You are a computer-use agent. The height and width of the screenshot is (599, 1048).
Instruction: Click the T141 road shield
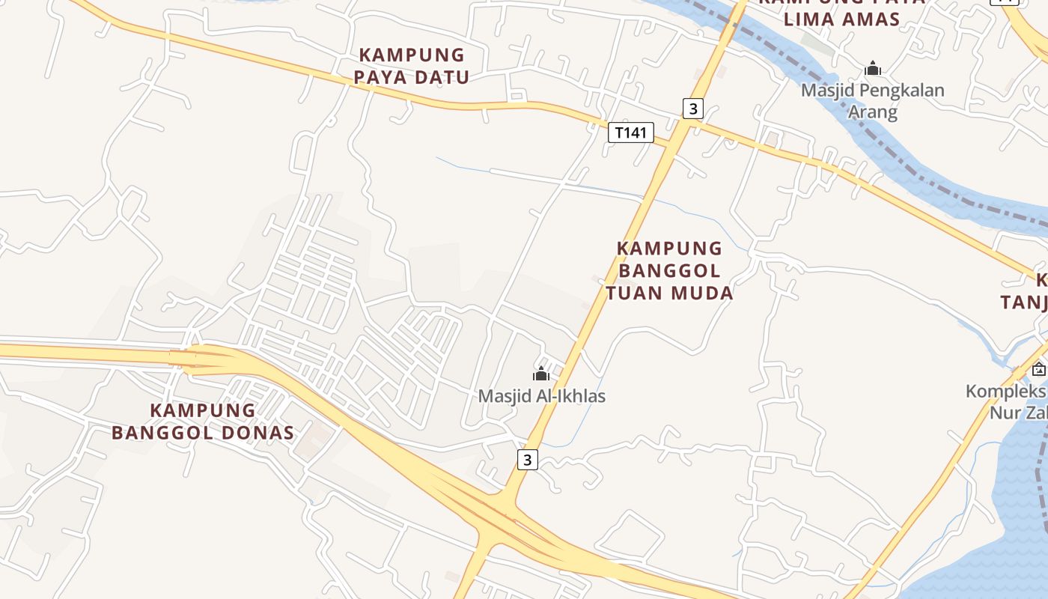tap(630, 133)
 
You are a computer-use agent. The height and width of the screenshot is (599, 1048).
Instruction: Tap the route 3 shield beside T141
tap(693, 109)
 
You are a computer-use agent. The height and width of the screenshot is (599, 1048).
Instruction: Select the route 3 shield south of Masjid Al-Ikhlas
tap(527, 459)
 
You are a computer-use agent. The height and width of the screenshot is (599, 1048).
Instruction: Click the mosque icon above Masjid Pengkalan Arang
tap(872, 70)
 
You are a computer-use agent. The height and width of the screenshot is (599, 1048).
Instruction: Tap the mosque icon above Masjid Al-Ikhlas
tap(541, 374)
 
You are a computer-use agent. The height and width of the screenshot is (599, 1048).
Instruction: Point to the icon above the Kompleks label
tap(1038, 369)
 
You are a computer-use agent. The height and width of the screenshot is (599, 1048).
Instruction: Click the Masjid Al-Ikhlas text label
tap(542, 396)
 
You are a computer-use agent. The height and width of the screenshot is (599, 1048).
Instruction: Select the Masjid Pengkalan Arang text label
tap(872, 101)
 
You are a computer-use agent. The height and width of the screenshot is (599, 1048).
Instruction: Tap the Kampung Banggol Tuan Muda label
tap(670, 270)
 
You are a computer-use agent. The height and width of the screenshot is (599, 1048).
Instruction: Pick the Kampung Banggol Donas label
tap(203, 422)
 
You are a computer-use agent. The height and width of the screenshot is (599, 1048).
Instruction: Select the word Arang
tap(872, 112)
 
